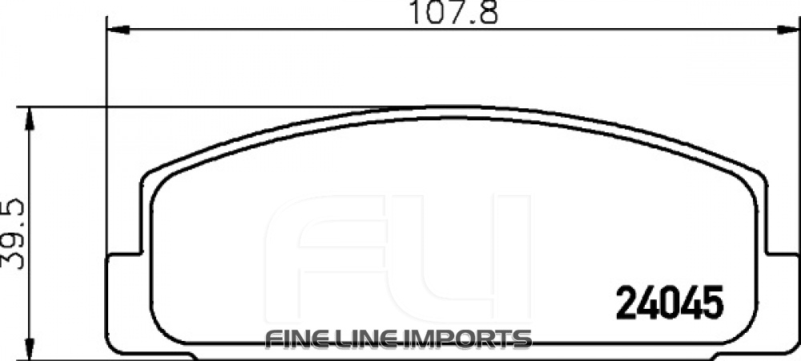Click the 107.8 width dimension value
(450, 14)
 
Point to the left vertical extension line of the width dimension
(107, 144)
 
